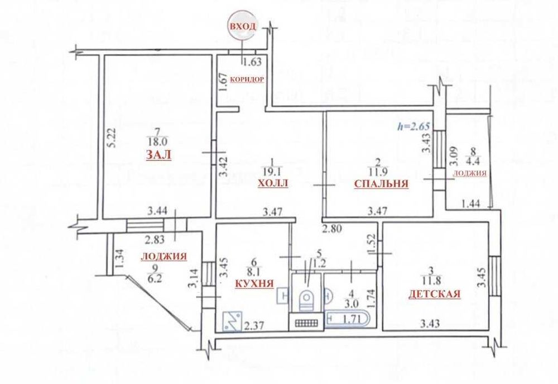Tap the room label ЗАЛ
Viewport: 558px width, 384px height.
[x=158, y=157]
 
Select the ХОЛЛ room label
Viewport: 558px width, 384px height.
[x=273, y=184]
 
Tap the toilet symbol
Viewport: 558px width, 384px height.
[x=306, y=298]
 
